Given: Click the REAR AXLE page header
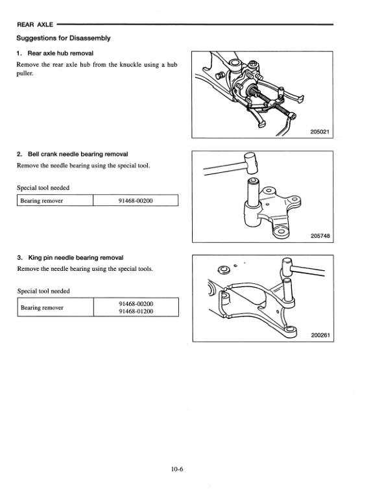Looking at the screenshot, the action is click(x=35, y=25).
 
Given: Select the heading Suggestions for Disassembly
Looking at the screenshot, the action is click(x=64, y=38).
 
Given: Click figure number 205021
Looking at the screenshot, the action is click(x=320, y=132).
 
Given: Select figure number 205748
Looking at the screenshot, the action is click(x=320, y=236).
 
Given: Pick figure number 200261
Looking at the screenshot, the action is click(x=320, y=335).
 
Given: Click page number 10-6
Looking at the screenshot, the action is click(x=177, y=469).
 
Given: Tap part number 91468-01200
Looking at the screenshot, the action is click(x=136, y=311).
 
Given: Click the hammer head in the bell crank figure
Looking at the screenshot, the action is click(x=251, y=163).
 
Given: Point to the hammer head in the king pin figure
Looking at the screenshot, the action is click(x=287, y=267).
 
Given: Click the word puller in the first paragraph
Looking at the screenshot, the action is click(x=25, y=73).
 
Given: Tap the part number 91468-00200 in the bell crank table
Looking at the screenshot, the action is click(x=136, y=201).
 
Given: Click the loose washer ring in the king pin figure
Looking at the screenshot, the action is click(x=224, y=270).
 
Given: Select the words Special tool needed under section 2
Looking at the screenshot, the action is click(x=43, y=188).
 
